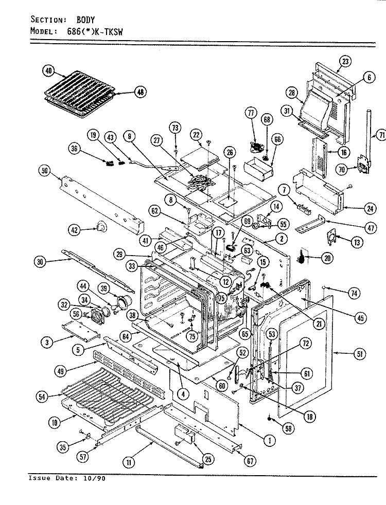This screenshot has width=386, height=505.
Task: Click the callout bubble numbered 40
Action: point(48,70)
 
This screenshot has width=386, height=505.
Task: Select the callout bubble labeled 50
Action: point(44,170)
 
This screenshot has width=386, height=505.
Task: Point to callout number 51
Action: point(360,354)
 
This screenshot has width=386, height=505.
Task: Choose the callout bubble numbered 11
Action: point(129,463)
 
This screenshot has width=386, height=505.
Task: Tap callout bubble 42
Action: point(75,230)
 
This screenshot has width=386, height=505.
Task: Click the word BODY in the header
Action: point(85,20)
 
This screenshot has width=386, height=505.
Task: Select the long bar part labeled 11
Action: point(170,446)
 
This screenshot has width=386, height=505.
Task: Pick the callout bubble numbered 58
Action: point(288,428)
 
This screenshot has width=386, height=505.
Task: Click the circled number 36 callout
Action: point(75,149)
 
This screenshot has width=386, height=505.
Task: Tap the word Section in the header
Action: point(48,20)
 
